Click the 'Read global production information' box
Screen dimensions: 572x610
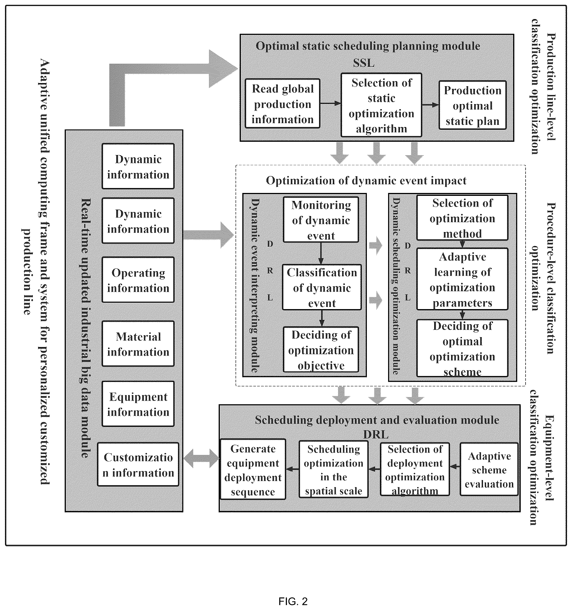click(282, 103)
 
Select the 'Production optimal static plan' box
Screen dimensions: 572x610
click(472, 105)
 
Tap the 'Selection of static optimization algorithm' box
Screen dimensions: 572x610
click(381, 105)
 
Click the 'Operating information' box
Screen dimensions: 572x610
click(138, 280)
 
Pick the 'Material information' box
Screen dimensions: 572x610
click(138, 344)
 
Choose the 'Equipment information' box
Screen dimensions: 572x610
click(138, 404)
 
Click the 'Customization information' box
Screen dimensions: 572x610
click(138, 464)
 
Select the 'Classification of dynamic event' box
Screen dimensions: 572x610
click(322, 287)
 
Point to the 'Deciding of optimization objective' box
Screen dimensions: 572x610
click(321, 349)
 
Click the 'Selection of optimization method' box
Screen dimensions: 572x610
click(462, 218)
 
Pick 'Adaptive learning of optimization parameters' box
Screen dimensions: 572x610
click(462, 279)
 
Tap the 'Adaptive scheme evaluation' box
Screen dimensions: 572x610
click(489, 469)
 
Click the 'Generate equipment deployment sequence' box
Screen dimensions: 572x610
click(253, 469)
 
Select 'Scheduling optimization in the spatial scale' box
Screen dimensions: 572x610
click(333, 469)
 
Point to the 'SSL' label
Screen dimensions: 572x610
click(363, 63)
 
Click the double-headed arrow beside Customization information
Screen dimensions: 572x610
click(201, 458)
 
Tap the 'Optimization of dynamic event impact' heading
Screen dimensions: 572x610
click(366, 180)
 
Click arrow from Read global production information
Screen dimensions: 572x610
click(331, 103)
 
